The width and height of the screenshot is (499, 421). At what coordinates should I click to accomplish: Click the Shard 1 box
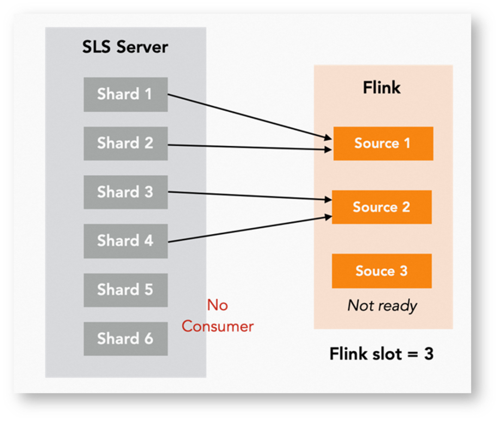point(125,94)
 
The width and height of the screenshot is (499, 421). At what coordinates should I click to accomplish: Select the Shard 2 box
point(125,143)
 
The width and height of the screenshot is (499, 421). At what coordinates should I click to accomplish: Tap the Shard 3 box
point(125,192)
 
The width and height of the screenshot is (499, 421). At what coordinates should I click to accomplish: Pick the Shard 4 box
point(125,241)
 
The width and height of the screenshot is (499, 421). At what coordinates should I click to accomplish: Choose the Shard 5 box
point(125,290)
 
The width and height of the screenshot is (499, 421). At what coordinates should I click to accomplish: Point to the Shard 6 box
point(125,339)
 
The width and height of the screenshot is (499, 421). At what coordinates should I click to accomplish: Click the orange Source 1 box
point(383,144)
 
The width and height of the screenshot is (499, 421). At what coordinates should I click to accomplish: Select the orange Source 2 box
point(382,207)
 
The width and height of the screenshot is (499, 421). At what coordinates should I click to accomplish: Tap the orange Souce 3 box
point(382,271)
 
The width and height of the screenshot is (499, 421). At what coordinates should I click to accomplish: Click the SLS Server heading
point(125,47)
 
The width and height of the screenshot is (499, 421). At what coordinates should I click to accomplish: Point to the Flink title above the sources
point(382,88)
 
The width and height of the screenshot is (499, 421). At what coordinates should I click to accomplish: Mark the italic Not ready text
point(382,306)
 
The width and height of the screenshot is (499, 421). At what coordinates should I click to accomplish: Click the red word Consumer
point(218,326)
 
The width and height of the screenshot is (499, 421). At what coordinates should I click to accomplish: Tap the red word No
point(217,305)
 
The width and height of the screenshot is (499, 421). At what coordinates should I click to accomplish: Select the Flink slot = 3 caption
point(382,354)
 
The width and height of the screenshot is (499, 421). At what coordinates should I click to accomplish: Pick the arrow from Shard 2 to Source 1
point(249,147)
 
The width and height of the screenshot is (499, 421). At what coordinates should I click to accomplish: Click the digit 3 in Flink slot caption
point(428,354)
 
